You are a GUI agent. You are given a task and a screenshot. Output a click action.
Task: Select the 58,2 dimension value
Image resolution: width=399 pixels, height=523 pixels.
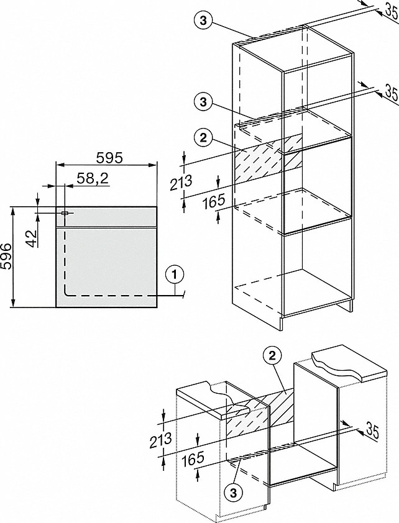(93, 178)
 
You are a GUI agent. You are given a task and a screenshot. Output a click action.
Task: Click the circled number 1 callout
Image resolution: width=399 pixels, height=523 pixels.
(176, 273)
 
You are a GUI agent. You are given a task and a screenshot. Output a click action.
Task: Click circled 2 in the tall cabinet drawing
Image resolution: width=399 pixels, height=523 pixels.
(200, 137)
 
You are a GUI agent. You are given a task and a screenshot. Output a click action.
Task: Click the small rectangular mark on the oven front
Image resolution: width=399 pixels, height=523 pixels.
(65, 213)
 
